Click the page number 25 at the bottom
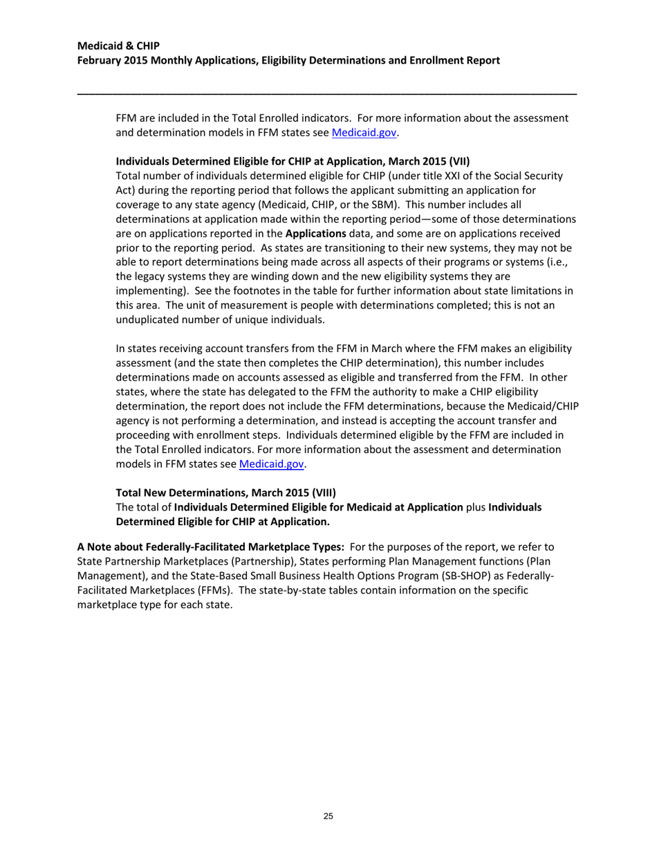pyautogui.click(x=328, y=817)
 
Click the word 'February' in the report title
pyautogui.click(x=100, y=61)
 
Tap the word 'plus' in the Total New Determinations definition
pyautogui.click(x=476, y=507)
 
